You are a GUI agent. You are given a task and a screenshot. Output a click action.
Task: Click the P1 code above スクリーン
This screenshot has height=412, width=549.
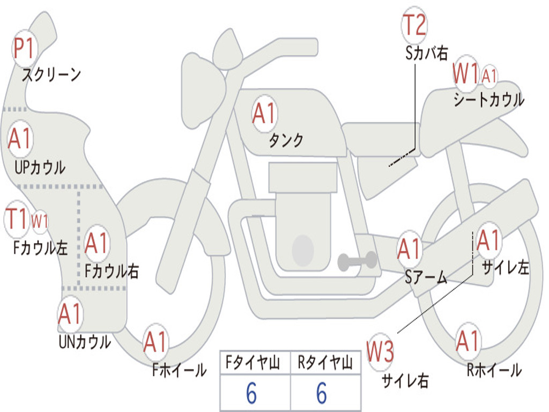(24, 48)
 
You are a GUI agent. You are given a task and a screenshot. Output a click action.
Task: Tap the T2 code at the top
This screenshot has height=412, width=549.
(414, 25)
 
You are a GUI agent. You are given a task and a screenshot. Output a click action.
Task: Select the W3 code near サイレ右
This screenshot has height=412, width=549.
(380, 352)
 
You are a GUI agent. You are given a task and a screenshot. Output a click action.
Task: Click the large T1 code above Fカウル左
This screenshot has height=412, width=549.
(16, 219)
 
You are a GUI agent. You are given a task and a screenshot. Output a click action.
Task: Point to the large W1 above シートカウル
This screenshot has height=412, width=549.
(465, 73)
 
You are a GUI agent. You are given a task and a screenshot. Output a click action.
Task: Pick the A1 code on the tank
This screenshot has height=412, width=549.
(264, 114)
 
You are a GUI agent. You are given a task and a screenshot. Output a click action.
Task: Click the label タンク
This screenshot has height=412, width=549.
(286, 140)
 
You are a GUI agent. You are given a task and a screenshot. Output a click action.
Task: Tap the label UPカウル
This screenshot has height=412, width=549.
(40, 167)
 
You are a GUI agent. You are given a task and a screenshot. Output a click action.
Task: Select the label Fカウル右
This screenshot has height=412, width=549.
(112, 271)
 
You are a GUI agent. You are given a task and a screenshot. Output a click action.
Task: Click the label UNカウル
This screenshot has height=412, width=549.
(85, 342)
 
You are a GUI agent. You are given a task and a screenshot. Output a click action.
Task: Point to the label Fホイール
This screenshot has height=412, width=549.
(179, 370)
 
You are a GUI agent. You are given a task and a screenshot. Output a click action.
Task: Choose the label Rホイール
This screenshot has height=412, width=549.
(494, 370)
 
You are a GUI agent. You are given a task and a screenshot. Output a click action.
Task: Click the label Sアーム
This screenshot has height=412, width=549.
(426, 277)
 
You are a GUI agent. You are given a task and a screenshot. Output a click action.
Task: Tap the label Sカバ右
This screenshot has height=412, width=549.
(426, 53)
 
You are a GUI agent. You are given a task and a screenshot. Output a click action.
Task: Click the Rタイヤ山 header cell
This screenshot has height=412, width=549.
(325, 363)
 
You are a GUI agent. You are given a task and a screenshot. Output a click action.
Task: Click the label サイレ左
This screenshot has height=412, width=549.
(505, 268)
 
